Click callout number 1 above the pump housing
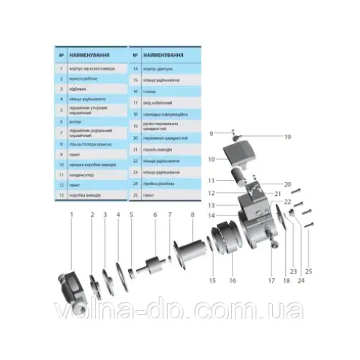[x=71, y=215]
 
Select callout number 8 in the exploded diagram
[x=192, y=215]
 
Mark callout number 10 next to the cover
[x=212, y=158]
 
